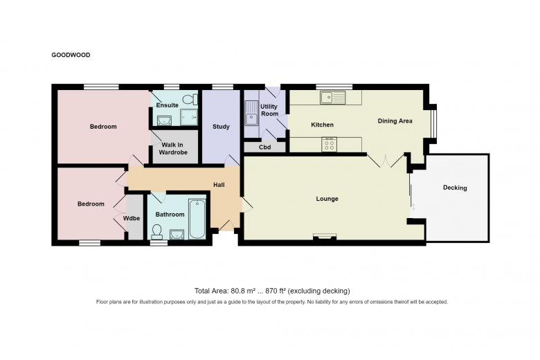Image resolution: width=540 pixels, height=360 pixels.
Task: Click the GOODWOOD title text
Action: (x=71, y=55)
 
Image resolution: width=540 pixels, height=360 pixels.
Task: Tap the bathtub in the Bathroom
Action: (x=197, y=219)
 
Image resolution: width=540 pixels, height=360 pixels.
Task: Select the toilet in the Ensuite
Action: (x=190, y=100)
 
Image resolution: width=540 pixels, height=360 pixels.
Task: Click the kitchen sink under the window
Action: (x=332, y=97)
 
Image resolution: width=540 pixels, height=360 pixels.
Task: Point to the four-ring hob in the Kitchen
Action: (x=330, y=144)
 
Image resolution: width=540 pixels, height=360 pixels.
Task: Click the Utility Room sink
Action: (x=251, y=114)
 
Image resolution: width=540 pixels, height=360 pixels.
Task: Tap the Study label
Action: (x=221, y=127)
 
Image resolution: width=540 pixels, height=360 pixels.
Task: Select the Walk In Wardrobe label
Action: (x=173, y=148)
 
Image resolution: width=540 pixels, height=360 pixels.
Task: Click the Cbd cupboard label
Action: (x=265, y=147)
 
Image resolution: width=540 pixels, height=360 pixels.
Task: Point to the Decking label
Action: (x=455, y=188)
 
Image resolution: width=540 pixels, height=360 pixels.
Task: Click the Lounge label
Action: (x=327, y=199)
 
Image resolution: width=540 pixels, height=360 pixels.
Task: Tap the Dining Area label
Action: (x=395, y=121)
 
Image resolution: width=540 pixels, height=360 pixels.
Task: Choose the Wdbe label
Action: (x=132, y=218)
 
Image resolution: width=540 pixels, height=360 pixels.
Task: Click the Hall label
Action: (x=219, y=185)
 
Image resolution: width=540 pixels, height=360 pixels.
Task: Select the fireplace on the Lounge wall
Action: (x=325, y=236)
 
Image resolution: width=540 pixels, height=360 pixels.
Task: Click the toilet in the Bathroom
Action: (x=157, y=232)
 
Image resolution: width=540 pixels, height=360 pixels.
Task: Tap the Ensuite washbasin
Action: (x=164, y=120)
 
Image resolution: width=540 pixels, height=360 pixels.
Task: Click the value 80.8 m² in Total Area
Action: (x=243, y=291)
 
